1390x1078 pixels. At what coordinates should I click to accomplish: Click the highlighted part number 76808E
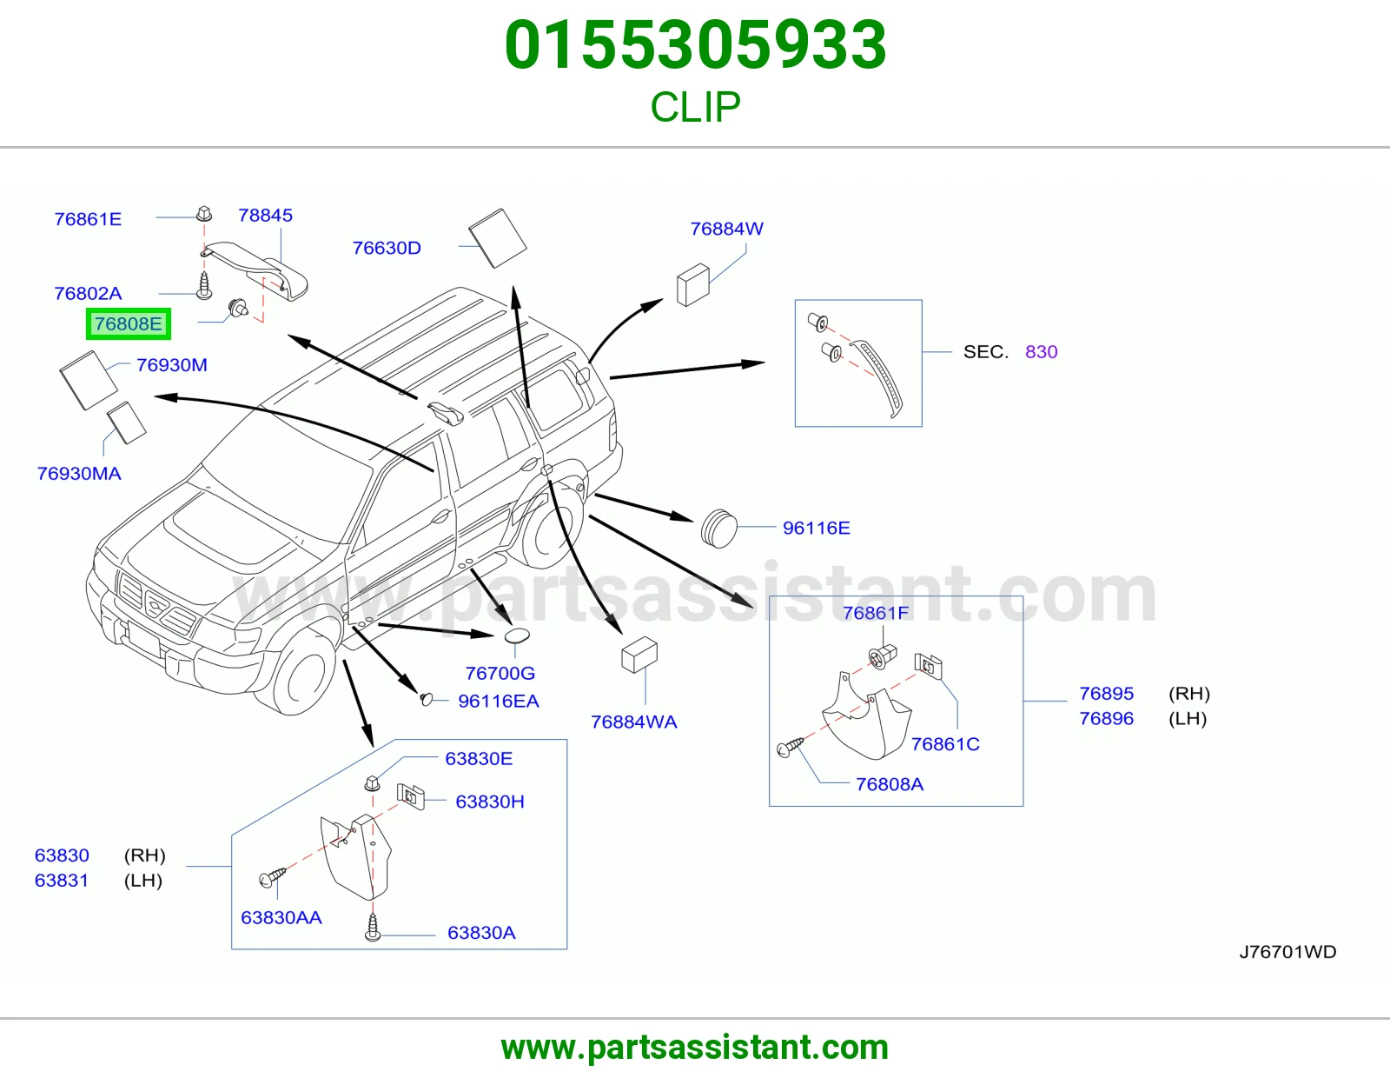(129, 324)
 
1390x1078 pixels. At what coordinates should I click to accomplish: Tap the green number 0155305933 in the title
(695, 45)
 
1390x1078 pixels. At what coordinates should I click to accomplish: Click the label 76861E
(88, 219)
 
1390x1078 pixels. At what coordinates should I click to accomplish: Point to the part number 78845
(266, 215)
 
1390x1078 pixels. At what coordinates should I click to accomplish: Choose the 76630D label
(387, 248)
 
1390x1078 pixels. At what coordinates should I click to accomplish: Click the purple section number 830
(1042, 351)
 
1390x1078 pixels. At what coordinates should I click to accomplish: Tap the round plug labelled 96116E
(719, 528)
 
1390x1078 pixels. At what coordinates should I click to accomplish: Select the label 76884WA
(634, 722)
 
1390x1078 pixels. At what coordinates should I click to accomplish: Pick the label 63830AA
(281, 917)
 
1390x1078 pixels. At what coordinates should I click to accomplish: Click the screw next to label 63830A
(373, 927)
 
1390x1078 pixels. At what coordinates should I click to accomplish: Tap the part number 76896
(1107, 718)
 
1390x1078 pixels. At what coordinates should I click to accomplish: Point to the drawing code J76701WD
(1288, 952)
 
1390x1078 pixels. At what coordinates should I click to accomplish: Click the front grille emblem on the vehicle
(156, 603)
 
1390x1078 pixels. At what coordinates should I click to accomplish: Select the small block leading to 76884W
(692, 285)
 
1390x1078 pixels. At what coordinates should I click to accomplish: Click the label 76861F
(876, 613)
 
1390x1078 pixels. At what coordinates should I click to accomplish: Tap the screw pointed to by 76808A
(790, 747)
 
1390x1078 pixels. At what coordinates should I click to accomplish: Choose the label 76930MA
(79, 473)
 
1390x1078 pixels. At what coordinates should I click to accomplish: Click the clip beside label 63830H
(411, 796)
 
